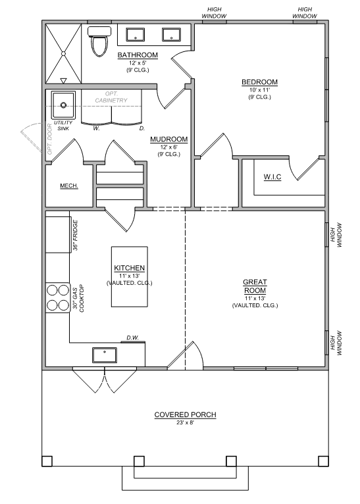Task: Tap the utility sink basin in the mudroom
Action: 63,105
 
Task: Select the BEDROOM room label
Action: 259,82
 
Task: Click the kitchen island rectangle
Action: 130,277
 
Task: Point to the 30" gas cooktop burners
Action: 58,297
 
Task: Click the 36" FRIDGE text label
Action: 75,236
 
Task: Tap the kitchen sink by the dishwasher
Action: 105,355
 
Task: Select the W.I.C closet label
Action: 272,177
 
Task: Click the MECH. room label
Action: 69,186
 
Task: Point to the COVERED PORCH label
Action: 185,415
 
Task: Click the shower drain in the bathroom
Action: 63,54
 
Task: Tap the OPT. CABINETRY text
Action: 111,97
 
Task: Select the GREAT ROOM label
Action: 255,286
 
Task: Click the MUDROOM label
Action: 168,139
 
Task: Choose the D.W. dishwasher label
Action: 132,338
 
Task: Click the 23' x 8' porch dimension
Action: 185,422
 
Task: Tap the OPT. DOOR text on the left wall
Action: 50,139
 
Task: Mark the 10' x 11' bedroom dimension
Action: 259,90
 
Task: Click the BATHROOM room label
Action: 138,55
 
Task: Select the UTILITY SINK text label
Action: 63,126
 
